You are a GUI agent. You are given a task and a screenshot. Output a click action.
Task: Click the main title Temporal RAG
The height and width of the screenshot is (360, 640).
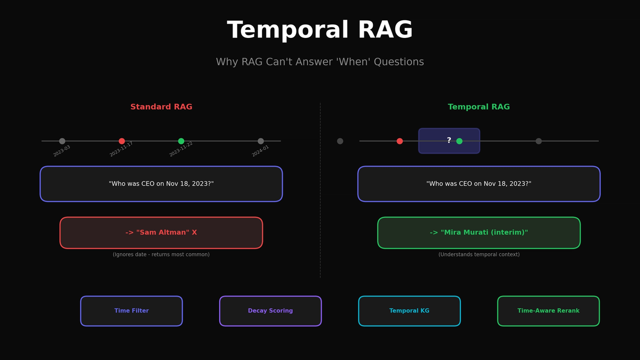(x=320, y=30)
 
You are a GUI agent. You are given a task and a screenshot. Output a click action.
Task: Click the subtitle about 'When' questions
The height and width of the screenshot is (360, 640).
(x=320, y=62)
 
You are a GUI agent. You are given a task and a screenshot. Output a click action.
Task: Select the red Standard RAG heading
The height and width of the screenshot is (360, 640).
(x=161, y=107)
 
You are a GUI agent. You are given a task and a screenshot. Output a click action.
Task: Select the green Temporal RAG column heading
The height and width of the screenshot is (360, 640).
(x=479, y=107)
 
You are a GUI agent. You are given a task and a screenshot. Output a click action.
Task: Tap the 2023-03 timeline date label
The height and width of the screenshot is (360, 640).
(x=62, y=151)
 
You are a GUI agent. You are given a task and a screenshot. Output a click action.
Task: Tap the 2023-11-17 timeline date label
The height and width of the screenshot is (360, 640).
(x=122, y=149)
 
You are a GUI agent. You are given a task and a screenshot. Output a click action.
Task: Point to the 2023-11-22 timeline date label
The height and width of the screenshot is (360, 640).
(x=181, y=149)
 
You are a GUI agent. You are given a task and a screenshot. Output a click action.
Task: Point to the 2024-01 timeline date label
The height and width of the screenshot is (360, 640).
(x=261, y=151)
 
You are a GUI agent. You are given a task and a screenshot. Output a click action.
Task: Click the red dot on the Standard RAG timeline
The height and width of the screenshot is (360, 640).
(x=122, y=141)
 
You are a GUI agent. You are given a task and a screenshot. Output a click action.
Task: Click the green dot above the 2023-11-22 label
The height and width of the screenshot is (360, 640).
(x=181, y=141)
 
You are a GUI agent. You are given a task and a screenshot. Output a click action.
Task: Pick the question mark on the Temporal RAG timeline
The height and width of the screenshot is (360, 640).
(x=449, y=141)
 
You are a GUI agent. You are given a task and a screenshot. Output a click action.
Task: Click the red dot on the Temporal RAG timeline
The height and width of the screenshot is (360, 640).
(x=399, y=141)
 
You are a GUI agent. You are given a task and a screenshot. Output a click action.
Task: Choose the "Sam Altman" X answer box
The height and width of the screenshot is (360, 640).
(x=161, y=233)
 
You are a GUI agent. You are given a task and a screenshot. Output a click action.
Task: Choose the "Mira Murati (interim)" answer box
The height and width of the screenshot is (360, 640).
(x=479, y=233)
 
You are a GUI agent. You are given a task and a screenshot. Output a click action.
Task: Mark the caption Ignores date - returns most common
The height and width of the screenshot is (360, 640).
(x=161, y=255)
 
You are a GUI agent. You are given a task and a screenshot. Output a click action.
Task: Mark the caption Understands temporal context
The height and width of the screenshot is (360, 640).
(x=479, y=255)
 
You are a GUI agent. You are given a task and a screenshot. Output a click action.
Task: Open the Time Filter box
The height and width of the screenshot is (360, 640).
(x=131, y=311)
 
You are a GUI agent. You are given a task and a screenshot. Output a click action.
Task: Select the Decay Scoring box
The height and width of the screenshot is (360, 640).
(x=270, y=311)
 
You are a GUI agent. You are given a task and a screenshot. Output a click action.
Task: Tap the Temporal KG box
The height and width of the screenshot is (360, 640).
(x=409, y=311)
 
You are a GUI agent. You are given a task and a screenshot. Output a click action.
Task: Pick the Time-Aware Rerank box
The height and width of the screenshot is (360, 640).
(x=548, y=311)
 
